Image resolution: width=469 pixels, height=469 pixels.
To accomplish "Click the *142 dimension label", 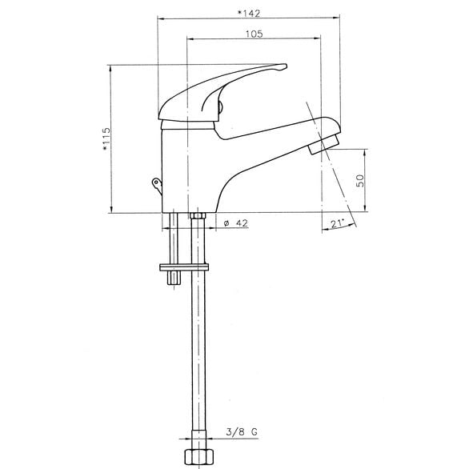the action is pyautogui.click(x=249, y=14).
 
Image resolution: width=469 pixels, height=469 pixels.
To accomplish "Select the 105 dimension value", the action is pyautogui.click(x=255, y=34).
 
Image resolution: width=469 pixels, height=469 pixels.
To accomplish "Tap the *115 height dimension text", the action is pyautogui.click(x=106, y=139).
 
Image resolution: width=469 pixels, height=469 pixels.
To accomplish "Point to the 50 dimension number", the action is pyautogui.click(x=360, y=181).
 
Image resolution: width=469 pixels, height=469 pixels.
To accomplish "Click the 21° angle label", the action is pyautogui.click(x=338, y=223).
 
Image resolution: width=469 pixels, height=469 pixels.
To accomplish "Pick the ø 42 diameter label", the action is pyautogui.click(x=235, y=223).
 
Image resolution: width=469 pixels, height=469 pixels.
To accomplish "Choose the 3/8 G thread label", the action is pyautogui.click(x=242, y=432).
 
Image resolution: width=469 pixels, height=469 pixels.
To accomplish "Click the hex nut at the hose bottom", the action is pyautogui.click(x=199, y=459).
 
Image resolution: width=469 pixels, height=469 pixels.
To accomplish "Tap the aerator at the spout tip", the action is pyautogui.click(x=324, y=143).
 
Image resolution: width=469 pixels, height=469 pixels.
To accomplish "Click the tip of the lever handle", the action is pyautogui.click(x=286, y=66).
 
